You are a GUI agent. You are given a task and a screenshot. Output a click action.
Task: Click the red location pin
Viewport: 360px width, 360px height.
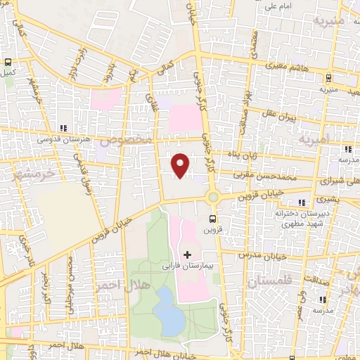181,165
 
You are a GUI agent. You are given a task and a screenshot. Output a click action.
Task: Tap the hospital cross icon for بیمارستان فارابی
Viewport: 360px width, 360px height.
187,253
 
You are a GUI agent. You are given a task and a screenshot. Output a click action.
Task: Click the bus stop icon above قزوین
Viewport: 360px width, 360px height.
213,219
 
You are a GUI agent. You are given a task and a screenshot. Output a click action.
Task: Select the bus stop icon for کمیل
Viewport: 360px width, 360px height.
8,63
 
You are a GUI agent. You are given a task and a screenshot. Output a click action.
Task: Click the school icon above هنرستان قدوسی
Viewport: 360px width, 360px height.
64,129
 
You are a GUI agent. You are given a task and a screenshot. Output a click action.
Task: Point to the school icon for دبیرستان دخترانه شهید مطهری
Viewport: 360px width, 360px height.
302,203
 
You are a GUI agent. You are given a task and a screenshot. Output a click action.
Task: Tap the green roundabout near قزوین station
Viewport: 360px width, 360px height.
213,196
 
